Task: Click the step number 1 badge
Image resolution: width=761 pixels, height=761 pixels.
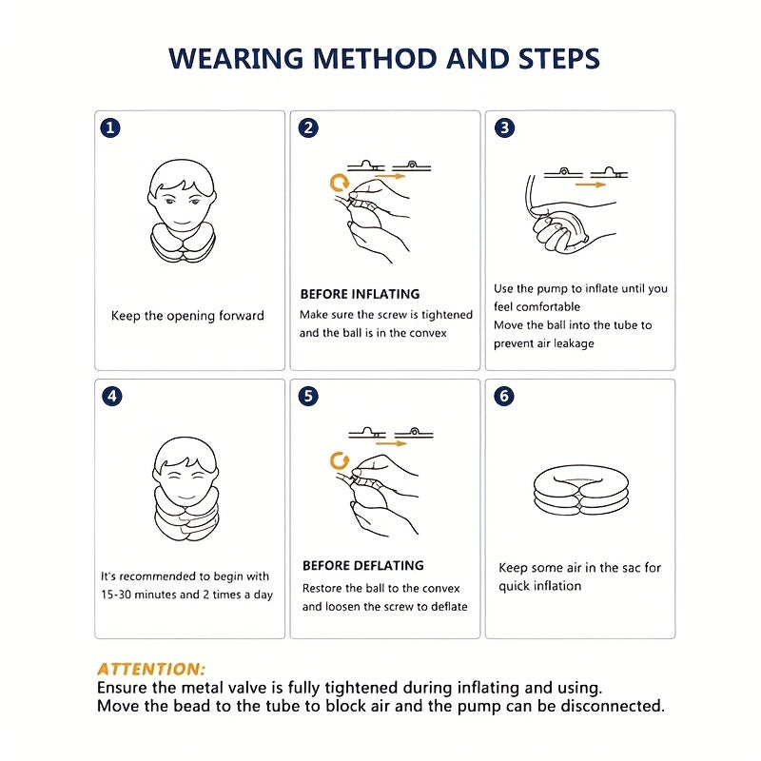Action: pos(110,128)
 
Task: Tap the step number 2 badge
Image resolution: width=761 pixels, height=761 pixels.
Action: pos(308,128)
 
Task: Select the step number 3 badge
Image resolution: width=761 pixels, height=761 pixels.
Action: pos(504,127)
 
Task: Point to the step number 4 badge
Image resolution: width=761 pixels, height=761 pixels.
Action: pos(112,397)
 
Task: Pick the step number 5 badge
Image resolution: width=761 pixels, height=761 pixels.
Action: pos(308,397)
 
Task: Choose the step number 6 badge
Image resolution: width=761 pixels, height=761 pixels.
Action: pos(504,397)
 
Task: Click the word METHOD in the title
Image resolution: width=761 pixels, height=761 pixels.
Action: pos(375,59)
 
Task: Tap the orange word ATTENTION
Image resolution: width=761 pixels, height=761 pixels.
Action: pos(151,670)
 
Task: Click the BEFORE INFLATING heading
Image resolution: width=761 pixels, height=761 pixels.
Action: pos(360,294)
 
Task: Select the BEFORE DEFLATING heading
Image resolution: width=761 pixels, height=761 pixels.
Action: pos(363,565)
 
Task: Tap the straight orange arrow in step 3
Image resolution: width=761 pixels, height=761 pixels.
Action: pos(590,185)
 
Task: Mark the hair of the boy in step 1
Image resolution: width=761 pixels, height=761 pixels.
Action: pos(182,176)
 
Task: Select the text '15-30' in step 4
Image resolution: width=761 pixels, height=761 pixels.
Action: pos(116,595)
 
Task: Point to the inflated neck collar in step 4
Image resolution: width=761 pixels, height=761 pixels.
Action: pos(185,520)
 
